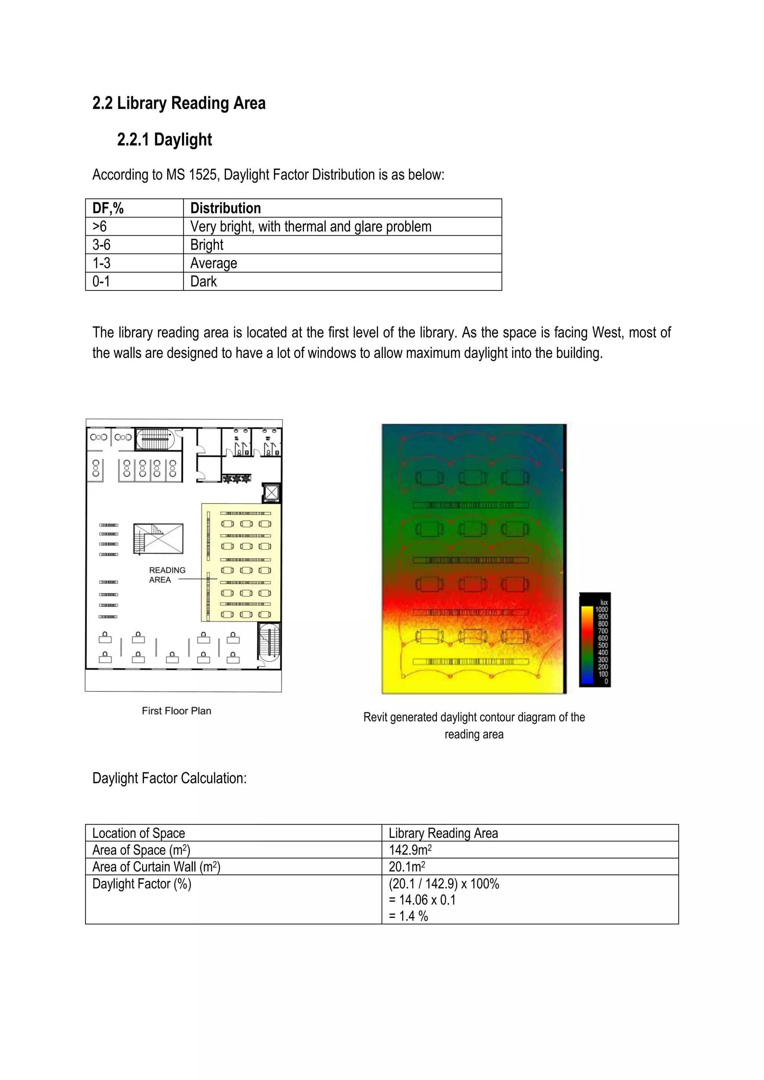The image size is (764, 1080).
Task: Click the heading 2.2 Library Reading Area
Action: [x=179, y=103]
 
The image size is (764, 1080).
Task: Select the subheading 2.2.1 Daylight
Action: [x=164, y=140]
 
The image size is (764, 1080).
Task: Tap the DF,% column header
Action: [x=108, y=208]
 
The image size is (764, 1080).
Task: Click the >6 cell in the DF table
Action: [x=100, y=226]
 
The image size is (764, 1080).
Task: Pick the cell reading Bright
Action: [x=207, y=245]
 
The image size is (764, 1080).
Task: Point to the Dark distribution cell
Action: [x=203, y=281]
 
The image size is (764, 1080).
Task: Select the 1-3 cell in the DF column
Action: [x=101, y=263]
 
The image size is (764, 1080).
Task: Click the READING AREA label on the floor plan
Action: [x=167, y=575]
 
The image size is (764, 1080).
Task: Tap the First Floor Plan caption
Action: [x=176, y=711]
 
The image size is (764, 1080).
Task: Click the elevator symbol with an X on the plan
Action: [x=272, y=493]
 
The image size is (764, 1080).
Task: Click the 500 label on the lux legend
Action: [x=602, y=646]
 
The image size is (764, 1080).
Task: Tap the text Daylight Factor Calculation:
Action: [x=169, y=778]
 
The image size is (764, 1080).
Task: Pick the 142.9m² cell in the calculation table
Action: [x=410, y=850]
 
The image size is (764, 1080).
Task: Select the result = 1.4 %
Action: [x=408, y=916]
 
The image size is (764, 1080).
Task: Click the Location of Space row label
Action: [x=138, y=833]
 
